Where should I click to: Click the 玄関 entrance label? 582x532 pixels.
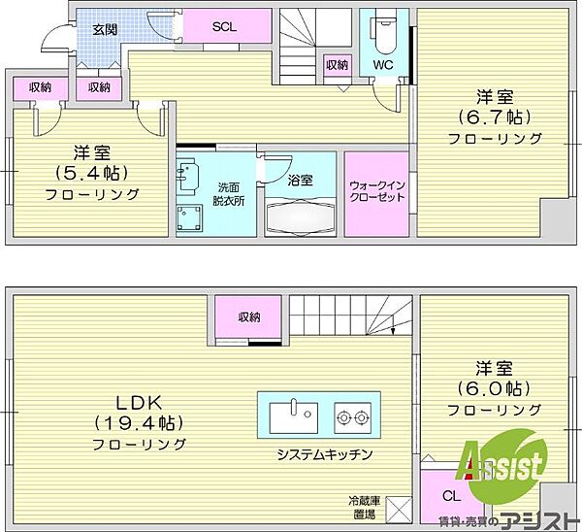click(x=105, y=30)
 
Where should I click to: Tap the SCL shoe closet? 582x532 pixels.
click(x=226, y=26)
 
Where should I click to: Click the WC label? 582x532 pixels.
click(x=383, y=65)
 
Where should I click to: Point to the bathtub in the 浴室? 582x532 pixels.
click(x=301, y=216)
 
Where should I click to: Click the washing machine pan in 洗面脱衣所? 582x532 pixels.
click(x=188, y=217)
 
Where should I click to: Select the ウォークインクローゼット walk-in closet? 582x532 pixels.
click(x=376, y=193)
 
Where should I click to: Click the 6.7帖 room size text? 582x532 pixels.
click(x=495, y=117)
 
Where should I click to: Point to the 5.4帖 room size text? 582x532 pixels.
click(x=92, y=173)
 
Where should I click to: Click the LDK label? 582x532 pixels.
click(x=139, y=403)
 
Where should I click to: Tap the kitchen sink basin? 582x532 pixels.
click(x=293, y=417)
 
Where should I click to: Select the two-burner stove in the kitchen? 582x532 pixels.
click(x=353, y=417)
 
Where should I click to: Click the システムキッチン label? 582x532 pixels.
click(x=325, y=454)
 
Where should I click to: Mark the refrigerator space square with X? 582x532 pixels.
click(x=399, y=509)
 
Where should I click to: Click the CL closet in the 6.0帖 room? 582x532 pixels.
click(x=452, y=497)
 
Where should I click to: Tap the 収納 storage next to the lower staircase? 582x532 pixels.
click(x=249, y=316)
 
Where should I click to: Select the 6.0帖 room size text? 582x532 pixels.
click(x=494, y=389)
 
